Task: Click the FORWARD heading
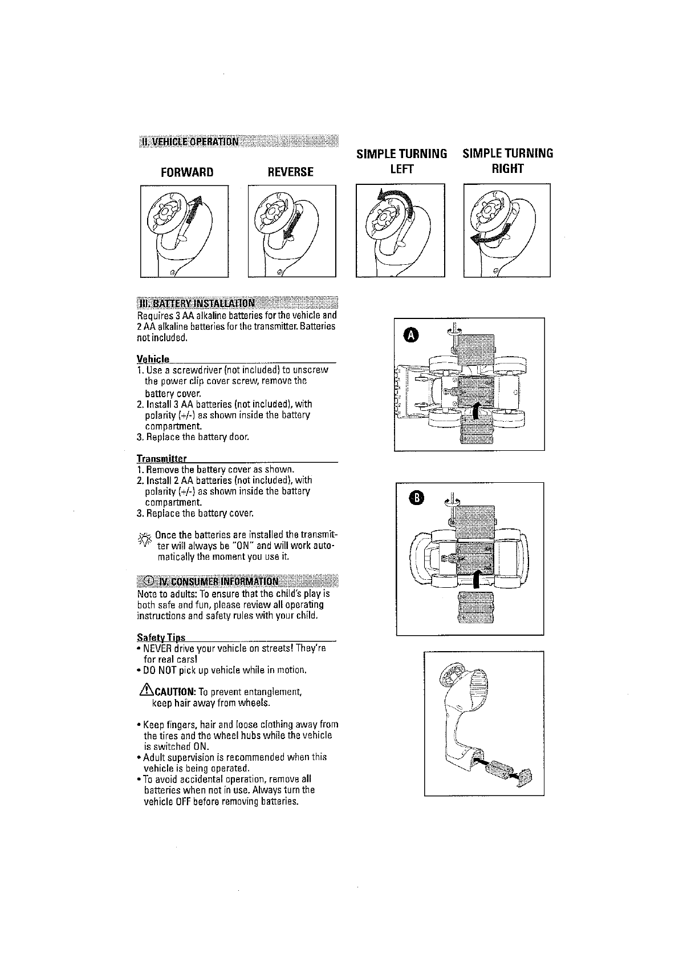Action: pyautogui.click(x=186, y=172)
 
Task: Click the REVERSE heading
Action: pyautogui.click(x=290, y=172)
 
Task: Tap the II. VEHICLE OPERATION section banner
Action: pyautogui.click(x=190, y=142)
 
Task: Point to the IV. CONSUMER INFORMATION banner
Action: pyautogui.click(x=214, y=582)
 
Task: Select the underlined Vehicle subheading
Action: pyautogui.click(x=153, y=358)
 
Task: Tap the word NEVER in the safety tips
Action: pyautogui.click(x=157, y=648)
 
